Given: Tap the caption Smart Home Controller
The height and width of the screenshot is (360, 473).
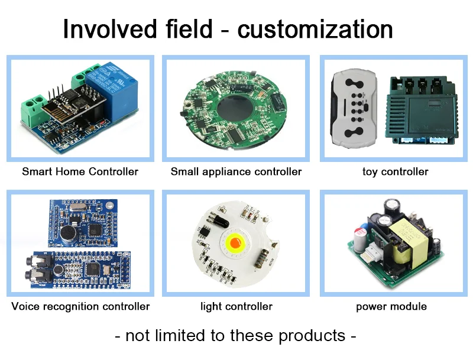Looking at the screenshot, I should click(80, 172).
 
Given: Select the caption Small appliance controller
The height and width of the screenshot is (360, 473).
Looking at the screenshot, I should click(236, 172).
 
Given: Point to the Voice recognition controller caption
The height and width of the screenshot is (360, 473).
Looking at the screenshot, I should click(80, 307).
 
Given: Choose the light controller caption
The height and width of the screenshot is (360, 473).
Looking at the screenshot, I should click(236, 307).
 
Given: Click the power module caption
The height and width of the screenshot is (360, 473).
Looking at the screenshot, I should click(391, 307).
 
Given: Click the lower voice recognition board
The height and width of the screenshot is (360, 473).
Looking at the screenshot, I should click(77, 270).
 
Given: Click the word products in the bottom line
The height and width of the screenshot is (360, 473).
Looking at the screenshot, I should click(312, 336).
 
